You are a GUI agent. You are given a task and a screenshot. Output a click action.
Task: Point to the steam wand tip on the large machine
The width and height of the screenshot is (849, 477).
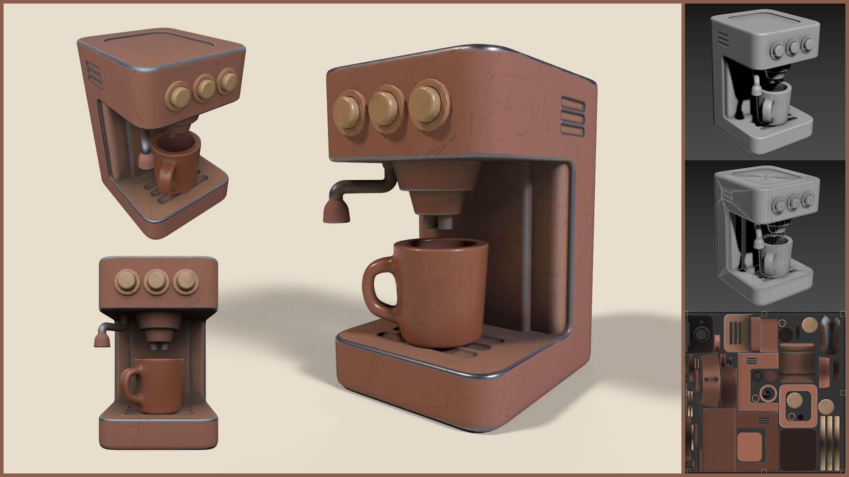(x=336, y=211)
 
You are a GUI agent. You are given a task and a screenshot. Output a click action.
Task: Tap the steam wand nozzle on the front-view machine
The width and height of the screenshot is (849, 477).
(x=101, y=340)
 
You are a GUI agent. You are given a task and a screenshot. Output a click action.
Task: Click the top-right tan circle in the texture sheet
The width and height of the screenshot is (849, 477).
(x=810, y=325)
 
